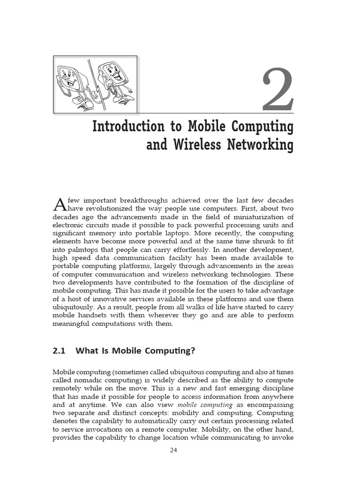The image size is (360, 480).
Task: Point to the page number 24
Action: pos(174,450)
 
